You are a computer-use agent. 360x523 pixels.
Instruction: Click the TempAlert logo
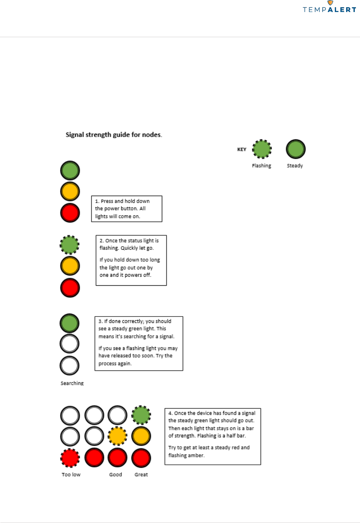click(x=329, y=7)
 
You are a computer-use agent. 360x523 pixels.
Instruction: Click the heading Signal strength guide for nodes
click(x=114, y=135)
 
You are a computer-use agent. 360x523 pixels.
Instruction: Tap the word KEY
click(x=242, y=149)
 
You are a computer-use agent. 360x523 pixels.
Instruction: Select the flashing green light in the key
click(x=262, y=149)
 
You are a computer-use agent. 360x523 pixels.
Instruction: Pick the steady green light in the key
click(x=296, y=149)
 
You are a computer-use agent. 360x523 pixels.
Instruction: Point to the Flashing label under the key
click(x=262, y=166)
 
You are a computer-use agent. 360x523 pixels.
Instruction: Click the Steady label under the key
click(x=295, y=166)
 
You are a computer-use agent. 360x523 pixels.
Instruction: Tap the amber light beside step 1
click(x=70, y=191)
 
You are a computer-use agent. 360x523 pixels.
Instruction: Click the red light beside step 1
click(x=70, y=213)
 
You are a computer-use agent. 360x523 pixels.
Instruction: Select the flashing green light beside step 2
click(x=69, y=245)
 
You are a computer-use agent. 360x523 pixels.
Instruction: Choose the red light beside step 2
click(x=70, y=288)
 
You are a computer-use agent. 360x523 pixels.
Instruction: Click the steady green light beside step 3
click(x=69, y=323)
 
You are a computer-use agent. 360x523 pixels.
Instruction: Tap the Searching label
click(x=72, y=383)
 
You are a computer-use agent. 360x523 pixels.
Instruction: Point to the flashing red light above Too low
click(x=70, y=458)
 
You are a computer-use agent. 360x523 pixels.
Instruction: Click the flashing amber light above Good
click(x=117, y=436)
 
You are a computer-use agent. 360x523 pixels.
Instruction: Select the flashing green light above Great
click(x=141, y=415)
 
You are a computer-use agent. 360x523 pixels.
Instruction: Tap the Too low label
click(x=71, y=475)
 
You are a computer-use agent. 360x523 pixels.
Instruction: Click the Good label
click(x=116, y=475)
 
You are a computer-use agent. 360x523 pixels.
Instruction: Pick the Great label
click(x=141, y=475)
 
